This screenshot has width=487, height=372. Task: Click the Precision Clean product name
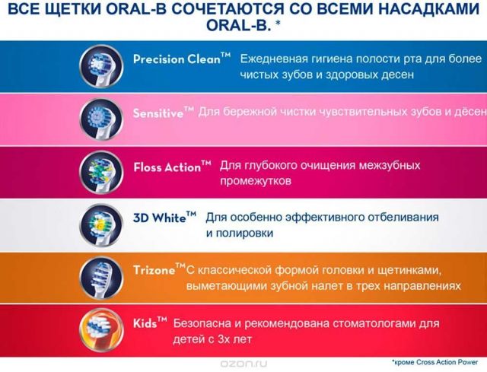click(x=182, y=59)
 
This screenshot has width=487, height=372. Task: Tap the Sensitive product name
click(x=164, y=113)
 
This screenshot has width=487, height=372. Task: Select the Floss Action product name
click(x=173, y=167)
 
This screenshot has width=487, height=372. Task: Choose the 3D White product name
click(x=165, y=218)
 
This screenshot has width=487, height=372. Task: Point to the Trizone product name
click(x=159, y=269)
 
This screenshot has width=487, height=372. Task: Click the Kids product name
click(x=151, y=323)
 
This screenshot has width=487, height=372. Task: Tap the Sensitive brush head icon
click(x=101, y=120)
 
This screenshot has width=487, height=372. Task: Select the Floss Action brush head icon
click(x=101, y=173)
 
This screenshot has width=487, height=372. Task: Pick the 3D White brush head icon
click(x=101, y=225)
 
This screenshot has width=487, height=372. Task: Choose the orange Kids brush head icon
click(x=101, y=330)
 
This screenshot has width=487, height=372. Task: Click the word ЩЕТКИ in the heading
click(x=73, y=10)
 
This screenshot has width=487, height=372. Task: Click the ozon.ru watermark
click(x=243, y=364)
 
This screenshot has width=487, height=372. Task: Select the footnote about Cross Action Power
click(x=435, y=362)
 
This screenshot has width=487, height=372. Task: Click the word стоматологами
click(x=372, y=323)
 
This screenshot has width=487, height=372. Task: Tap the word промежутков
click(x=256, y=181)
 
